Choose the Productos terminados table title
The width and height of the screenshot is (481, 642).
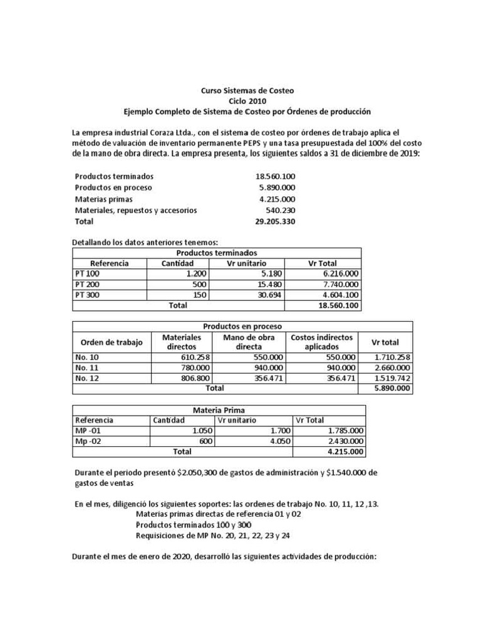click(x=217, y=253)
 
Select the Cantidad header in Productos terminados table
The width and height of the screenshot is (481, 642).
click(x=178, y=263)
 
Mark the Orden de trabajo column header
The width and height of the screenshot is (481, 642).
click(x=112, y=342)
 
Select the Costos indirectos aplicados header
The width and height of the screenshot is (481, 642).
click(x=321, y=342)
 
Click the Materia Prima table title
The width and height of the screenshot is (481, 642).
click(x=219, y=409)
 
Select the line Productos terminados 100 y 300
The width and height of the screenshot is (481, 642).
click(x=194, y=525)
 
